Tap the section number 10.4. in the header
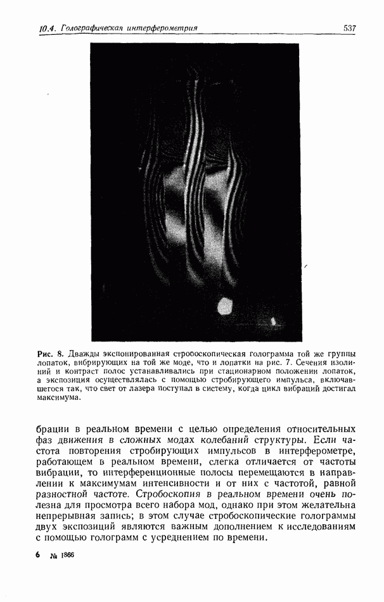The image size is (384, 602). point(48,29)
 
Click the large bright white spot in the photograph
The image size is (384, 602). point(225,308)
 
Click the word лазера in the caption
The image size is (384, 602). point(152,388)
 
